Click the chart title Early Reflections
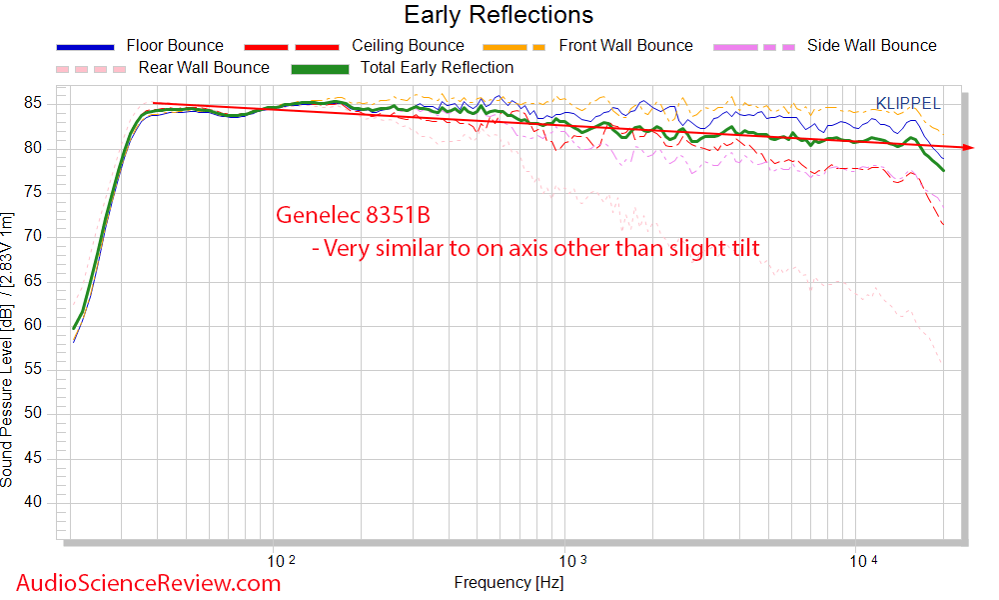499,15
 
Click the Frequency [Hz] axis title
508,582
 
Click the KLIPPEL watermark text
907,103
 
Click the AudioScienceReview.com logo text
149,583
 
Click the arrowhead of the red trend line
968,147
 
